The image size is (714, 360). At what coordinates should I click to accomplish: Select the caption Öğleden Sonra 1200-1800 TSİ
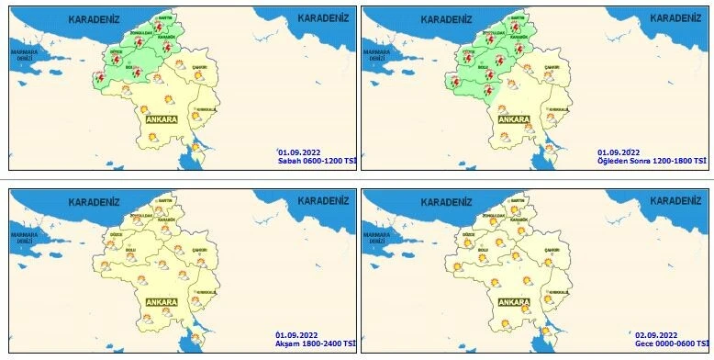click(653, 161)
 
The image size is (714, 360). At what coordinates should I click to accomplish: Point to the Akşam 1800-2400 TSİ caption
click(315, 343)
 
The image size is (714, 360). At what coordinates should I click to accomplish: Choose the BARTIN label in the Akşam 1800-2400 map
click(166, 200)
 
